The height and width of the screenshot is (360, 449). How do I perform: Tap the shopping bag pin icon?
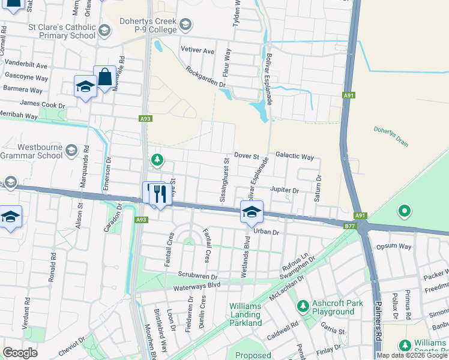[x=104, y=77]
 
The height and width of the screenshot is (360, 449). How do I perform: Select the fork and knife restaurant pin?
[x=160, y=193]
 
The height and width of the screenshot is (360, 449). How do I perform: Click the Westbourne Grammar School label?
[x=32, y=151]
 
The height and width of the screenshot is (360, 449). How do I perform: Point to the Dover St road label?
[x=246, y=155]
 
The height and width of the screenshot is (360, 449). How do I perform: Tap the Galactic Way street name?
[x=295, y=157]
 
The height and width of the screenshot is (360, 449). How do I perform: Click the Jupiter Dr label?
[x=285, y=190]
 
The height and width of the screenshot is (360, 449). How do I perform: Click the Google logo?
[x=19, y=353]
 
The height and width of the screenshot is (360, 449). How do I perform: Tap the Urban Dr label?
[x=267, y=232]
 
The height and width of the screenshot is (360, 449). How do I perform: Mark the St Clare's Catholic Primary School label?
[x=62, y=31]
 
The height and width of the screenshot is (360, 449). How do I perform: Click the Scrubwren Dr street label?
[x=196, y=274]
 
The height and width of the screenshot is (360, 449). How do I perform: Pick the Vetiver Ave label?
[x=197, y=52]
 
